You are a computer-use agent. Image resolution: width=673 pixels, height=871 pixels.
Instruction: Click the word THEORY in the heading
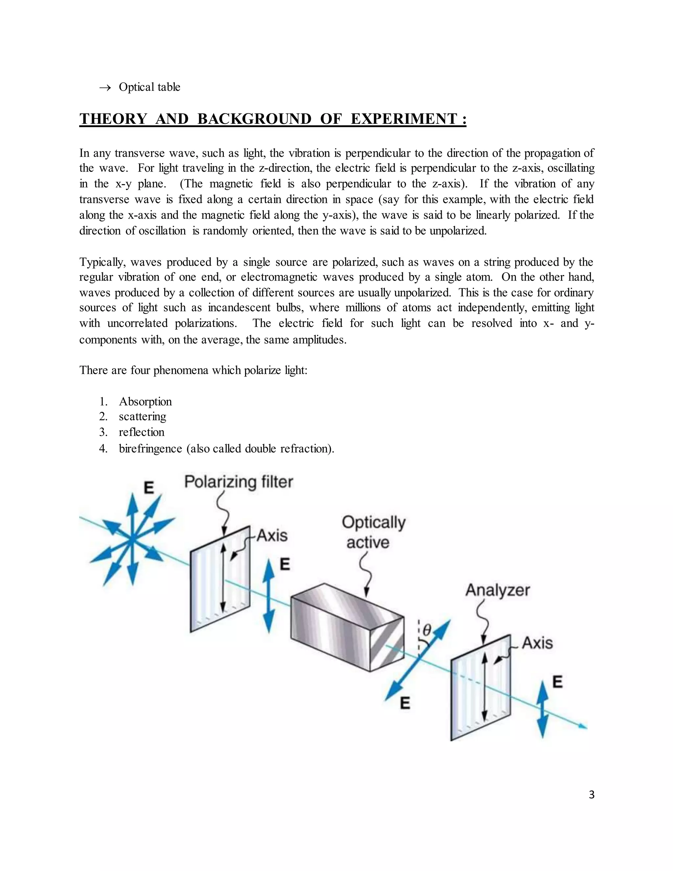pos(113,119)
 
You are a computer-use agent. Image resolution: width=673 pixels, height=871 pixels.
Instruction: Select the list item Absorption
pos(145,401)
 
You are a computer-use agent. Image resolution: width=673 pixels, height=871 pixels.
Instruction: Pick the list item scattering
pos(142,416)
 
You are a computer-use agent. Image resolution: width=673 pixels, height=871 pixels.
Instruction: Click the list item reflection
pos(142,432)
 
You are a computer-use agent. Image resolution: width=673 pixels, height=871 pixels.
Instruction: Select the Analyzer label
pos(498,590)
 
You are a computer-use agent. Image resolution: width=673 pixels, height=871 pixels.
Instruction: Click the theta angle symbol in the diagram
pos(427,630)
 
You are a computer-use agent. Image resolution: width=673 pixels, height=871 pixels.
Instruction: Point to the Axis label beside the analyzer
pos(537,643)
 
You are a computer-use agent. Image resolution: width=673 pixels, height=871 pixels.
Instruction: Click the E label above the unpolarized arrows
pos(149,487)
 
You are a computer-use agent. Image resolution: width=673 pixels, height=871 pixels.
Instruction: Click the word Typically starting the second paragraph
pos(103,262)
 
